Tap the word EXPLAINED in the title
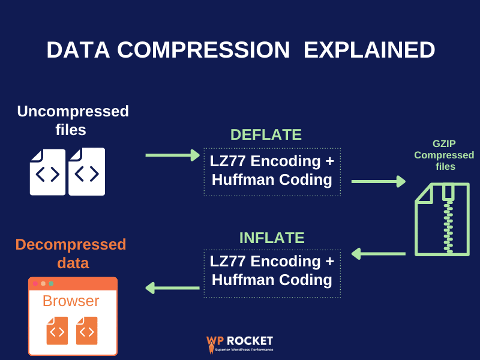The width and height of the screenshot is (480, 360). coord(369,50)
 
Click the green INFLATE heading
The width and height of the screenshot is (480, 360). coord(272,237)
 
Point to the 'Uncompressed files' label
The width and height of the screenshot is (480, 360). coord(73,120)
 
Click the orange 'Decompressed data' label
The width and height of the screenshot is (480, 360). coord(71,253)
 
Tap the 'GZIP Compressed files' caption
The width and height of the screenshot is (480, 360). coord(444,155)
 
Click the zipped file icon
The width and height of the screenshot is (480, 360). coord(442,219)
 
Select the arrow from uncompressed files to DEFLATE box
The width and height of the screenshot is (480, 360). coord(172,155)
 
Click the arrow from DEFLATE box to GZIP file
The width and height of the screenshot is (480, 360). coord(378,181)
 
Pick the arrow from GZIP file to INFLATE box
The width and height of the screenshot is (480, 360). coord(378,254)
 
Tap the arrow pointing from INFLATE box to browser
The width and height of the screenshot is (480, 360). coord(172,288)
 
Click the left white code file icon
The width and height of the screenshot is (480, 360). coord(48,173)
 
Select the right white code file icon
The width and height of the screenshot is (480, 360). coord(87,172)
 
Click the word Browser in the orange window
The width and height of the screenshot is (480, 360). coord(71,301)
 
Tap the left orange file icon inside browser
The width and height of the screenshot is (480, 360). coord(57,331)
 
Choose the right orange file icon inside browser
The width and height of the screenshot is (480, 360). coord(86,331)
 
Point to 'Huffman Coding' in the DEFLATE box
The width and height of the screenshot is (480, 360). coord(272,179)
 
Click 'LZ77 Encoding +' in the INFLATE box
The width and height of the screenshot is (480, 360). coord(272,261)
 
